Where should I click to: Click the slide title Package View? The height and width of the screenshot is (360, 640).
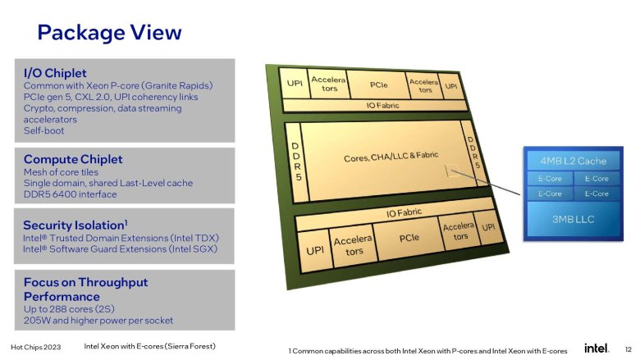pyautogui.click(x=109, y=33)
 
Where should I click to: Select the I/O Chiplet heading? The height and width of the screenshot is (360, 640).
pyautogui.click(x=55, y=73)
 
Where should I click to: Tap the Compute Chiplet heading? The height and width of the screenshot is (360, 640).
pyautogui.click(x=73, y=159)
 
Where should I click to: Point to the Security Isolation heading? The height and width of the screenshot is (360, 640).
pyautogui.click(x=75, y=225)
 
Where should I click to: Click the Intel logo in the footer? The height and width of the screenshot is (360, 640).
pyautogui.click(x=597, y=349)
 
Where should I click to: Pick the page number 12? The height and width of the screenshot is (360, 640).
pyautogui.click(x=629, y=349)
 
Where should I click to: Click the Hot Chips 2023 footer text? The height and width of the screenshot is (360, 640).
pyautogui.click(x=36, y=348)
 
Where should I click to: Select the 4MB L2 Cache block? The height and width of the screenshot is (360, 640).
pyautogui.click(x=573, y=161)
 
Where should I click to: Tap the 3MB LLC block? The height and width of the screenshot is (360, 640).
pyautogui.click(x=573, y=219)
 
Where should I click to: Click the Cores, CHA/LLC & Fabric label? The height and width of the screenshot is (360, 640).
pyautogui.click(x=391, y=157)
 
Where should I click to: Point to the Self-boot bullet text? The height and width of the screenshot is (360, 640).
pyautogui.click(x=43, y=131)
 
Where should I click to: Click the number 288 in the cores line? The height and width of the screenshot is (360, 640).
pyautogui.click(x=58, y=309)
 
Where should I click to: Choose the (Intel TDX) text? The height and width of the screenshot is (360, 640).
pyautogui.click(x=194, y=238)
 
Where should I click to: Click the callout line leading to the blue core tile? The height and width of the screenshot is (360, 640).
pyautogui.click(x=485, y=182)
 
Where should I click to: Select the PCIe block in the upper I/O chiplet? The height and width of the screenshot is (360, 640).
pyautogui.click(x=379, y=84)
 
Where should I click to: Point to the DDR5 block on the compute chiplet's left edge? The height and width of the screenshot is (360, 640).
pyautogui.click(x=296, y=162)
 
